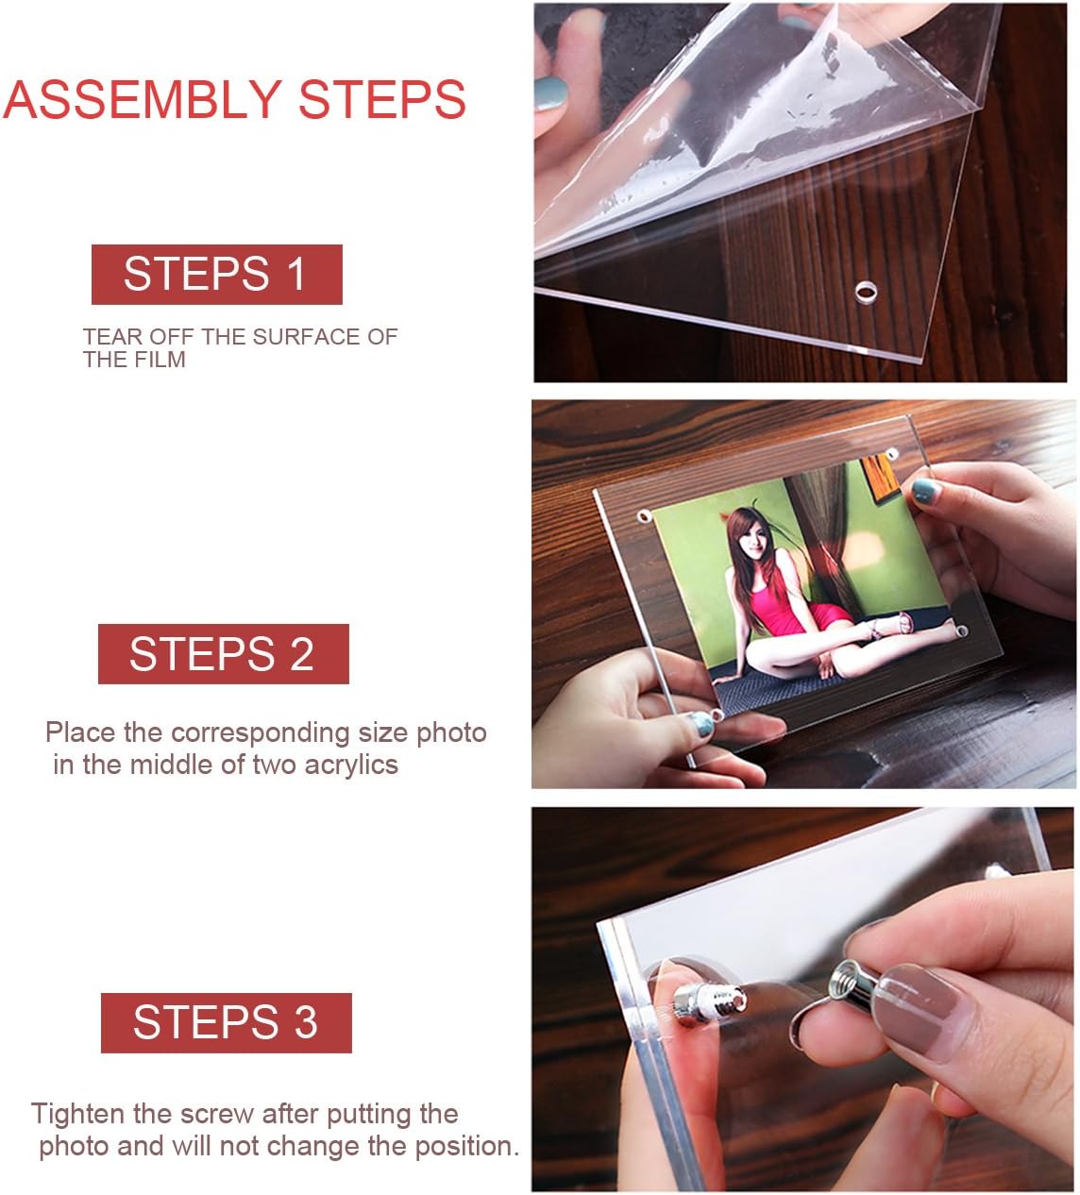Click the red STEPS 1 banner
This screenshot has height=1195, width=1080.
[x=216, y=274]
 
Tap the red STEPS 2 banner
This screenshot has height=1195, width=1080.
[x=223, y=654]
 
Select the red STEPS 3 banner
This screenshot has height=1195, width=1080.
[x=226, y=1023]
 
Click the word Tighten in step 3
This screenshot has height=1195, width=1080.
[x=77, y=1114]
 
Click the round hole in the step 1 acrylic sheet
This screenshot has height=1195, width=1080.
[x=866, y=292]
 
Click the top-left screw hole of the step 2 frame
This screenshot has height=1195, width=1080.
[x=645, y=517]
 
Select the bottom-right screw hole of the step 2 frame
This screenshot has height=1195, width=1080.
[x=961, y=630]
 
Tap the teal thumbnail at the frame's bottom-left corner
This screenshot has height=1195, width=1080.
[x=700, y=724]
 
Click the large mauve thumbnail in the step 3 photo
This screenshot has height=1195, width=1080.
[x=920, y=1001]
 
